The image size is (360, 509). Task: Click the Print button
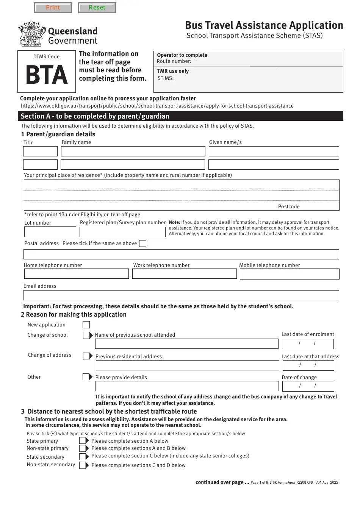(x=53, y=8)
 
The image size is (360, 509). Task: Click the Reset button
(x=97, y=8)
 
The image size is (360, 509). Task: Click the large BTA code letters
(x=46, y=75)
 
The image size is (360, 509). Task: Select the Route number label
(x=174, y=61)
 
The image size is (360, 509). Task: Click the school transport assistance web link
(x=157, y=106)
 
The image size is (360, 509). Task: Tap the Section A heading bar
(x=180, y=116)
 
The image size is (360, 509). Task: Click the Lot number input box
(x=50, y=232)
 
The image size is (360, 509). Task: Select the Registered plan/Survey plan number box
(x=122, y=232)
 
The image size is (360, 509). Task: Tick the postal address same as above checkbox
(x=142, y=244)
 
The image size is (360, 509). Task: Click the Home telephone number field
(x=77, y=274)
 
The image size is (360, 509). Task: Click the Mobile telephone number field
(x=290, y=274)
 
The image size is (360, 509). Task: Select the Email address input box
(x=181, y=295)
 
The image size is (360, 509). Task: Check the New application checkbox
(x=86, y=325)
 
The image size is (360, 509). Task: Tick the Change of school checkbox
(x=87, y=335)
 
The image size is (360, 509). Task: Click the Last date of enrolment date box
(x=308, y=344)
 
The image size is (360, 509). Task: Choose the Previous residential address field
(x=187, y=365)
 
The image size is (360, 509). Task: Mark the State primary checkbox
(x=83, y=441)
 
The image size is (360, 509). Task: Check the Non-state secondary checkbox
(x=83, y=465)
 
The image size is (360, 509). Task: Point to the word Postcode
(x=289, y=207)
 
